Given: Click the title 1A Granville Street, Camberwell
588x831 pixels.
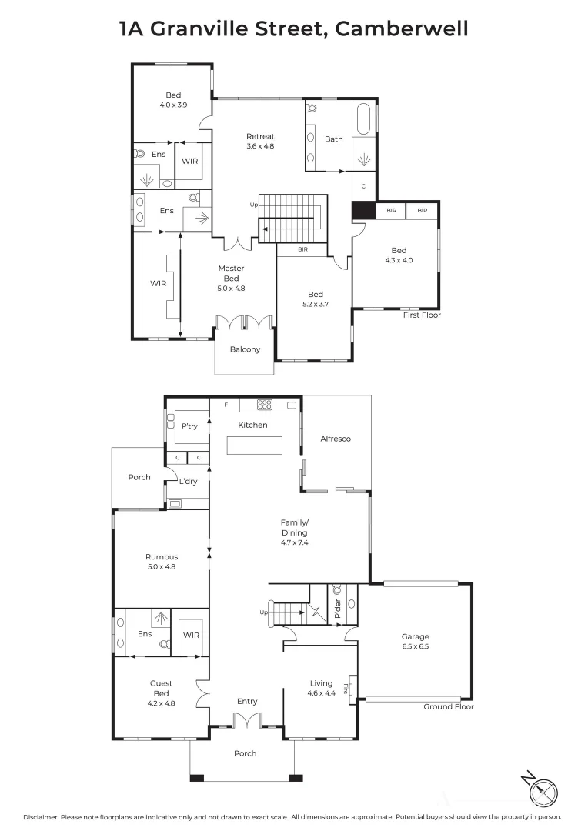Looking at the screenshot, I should (x=293, y=29).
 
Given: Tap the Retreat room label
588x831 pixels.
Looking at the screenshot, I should (x=260, y=141).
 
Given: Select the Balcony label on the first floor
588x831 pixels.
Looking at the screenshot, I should (x=245, y=349).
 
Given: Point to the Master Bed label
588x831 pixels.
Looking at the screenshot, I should (x=231, y=278).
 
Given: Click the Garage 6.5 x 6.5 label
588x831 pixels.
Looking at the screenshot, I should (x=415, y=641).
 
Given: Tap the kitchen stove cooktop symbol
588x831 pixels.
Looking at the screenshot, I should (x=264, y=405).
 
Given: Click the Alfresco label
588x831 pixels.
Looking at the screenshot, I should (x=336, y=439).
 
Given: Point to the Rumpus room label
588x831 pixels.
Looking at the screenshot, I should (x=162, y=562).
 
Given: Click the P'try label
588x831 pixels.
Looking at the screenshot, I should (x=189, y=426).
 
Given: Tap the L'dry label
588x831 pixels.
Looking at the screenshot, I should (x=188, y=482).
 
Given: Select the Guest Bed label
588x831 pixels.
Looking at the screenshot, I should (x=162, y=692).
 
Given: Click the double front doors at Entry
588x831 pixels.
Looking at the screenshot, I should (x=246, y=721).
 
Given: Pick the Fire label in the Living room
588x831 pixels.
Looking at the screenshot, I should (x=352, y=684).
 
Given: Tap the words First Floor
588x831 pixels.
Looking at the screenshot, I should (x=421, y=315).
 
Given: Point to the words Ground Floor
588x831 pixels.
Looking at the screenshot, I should (x=449, y=706).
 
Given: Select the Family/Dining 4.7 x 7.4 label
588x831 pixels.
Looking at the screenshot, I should (x=294, y=532).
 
